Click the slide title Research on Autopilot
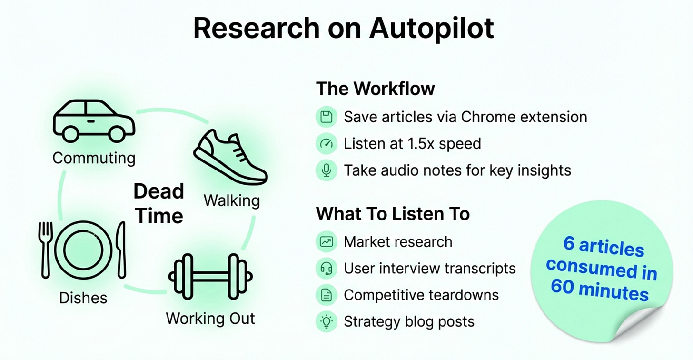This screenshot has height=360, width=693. click(x=344, y=29)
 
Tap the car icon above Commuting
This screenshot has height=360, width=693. click(x=94, y=120)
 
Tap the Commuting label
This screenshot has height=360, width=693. click(x=94, y=158)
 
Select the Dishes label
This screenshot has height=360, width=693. click(x=83, y=298)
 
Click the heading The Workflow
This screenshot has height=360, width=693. click(x=375, y=89)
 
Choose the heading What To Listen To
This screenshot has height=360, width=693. click(x=393, y=214)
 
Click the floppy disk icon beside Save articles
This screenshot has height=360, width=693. click(x=326, y=117)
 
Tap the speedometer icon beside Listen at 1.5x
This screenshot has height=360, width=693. click(x=326, y=144)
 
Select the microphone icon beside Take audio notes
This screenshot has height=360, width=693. click(x=326, y=170)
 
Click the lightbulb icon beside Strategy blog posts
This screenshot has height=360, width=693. click(x=326, y=321)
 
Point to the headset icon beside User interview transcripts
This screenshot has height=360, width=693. click(x=326, y=269)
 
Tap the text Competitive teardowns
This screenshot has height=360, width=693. click(x=421, y=295)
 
